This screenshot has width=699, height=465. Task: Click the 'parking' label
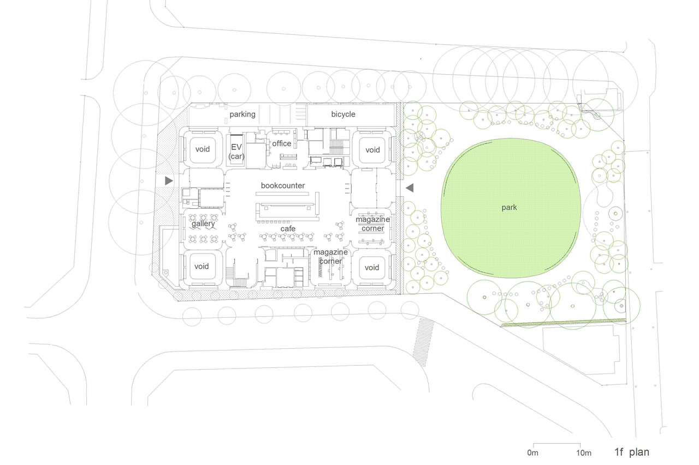[x=242, y=114]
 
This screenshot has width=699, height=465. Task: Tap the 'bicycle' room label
[x=343, y=114]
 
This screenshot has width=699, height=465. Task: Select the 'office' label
[x=281, y=143]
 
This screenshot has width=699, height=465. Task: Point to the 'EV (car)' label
[x=236, y=152]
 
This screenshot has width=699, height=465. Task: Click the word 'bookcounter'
[x=283, y=186]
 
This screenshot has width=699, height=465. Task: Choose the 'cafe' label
[x=288, y=228]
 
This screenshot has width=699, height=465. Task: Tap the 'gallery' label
[x=203, y=224]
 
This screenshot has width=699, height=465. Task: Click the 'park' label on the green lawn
[x=509, y=208]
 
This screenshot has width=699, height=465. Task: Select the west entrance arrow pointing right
[x=169, y=180]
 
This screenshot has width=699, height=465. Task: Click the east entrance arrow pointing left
[x=410, y=188]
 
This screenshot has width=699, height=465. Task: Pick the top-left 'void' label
[x=203, y=149]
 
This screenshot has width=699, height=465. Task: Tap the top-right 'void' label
[x=372, y=150]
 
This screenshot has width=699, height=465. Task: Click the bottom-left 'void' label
[x=202, y=266]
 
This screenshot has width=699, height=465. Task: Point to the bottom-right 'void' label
[x=372, y=268]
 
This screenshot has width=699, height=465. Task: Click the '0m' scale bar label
[x=532, y=452]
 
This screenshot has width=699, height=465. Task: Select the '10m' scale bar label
[x=584, y=453]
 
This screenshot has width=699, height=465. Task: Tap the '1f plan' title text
[x=632, y=452]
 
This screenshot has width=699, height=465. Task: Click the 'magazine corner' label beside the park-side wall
[x=372, y=224]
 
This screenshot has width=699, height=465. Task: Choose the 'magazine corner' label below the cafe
[x=330, y=257]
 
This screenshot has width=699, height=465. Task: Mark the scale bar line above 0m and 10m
[x=556, y=443]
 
